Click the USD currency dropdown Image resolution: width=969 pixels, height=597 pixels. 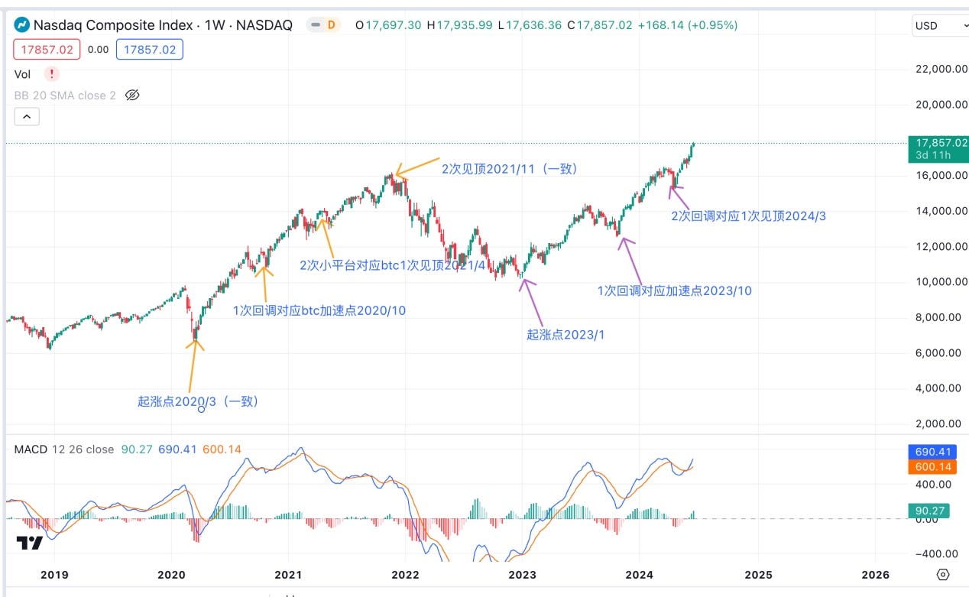click(x=940, y=25)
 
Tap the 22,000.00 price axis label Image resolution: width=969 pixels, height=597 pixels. click(x=938, y=69)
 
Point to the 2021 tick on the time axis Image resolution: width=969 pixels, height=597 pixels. click(x=288, y=574)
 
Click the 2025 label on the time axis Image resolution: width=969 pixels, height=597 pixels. click(x=758, y=574)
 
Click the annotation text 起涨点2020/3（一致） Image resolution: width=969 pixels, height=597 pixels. click(x=198, y=401)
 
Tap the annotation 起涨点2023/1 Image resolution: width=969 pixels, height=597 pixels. click(x=565, y=334)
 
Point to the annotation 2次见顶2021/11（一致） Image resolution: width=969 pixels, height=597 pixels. click(x=510, y=169)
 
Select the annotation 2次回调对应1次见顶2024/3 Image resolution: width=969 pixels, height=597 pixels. click(x=748, y=216)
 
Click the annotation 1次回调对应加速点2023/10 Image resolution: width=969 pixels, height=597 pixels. click(x=674, y=290)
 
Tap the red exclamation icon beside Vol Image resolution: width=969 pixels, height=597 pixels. click(x=51, y=74)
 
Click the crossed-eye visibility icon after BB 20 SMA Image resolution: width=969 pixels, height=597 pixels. click(x=132, y=96)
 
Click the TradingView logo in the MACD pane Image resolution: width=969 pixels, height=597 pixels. click(x=30, y=543)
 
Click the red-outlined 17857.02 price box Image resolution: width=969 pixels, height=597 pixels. click(x=47, y=50)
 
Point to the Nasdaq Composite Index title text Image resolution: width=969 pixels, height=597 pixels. click(x=114, y=25)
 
